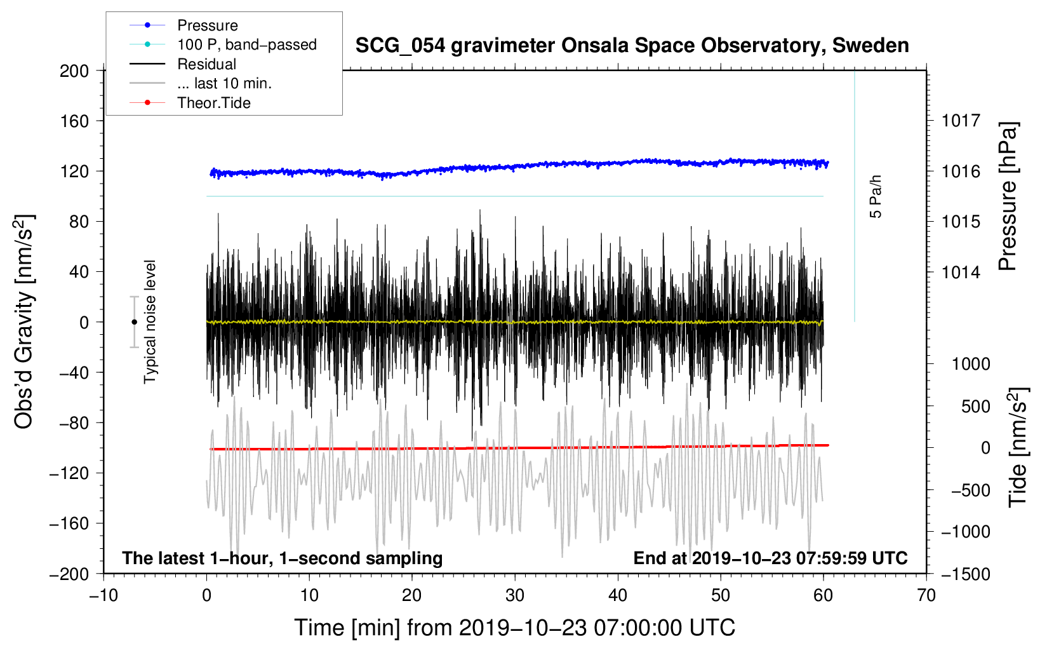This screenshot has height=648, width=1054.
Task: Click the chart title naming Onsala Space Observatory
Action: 632,46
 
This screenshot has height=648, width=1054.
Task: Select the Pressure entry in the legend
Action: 207,25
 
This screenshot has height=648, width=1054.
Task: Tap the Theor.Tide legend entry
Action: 213,103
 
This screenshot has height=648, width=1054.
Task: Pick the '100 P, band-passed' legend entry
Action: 246,44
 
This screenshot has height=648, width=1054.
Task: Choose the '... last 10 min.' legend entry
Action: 224,83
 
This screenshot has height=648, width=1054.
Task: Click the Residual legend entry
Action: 206,64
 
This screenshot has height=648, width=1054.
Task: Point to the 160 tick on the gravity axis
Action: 75,121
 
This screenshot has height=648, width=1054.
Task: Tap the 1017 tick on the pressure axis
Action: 961,121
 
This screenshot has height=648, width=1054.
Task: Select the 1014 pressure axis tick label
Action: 961,273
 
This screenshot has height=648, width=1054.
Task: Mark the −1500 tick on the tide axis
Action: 965,574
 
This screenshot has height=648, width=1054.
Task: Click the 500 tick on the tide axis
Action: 975,406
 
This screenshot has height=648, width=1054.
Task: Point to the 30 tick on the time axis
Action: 515,595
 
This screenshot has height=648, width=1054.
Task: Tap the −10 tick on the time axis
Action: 103,595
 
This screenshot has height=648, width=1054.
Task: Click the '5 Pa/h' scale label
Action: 876,196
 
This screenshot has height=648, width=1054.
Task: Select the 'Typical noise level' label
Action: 150,321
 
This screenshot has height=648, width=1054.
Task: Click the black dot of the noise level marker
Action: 134,322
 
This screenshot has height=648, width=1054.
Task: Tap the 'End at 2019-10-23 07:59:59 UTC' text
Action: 770,558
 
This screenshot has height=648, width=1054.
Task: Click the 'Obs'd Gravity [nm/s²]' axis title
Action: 24,321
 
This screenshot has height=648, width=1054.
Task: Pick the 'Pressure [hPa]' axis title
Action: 1008,196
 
